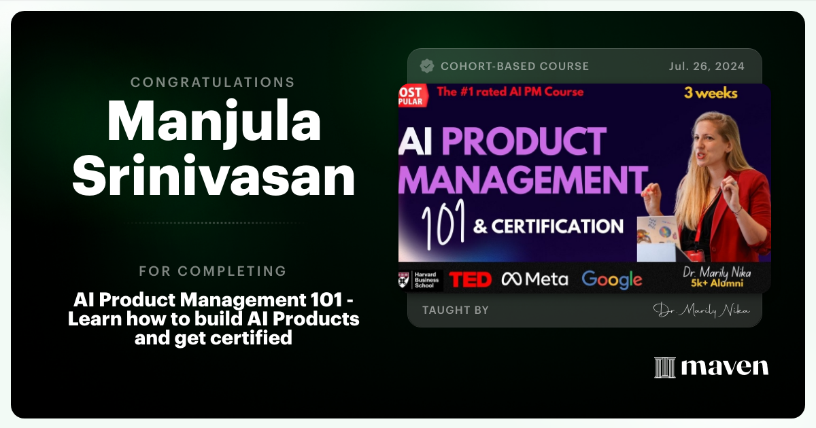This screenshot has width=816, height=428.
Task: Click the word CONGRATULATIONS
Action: (x=213, y=82)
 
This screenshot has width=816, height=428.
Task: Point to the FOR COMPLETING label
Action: (x=213, y=271)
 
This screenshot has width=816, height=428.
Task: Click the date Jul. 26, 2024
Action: (x=706, y=67)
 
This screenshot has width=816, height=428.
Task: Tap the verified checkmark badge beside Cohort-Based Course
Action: (x=427, y=66)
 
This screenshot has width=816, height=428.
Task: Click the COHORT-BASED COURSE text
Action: (x=515, y=67)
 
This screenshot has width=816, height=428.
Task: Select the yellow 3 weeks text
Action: (x=711, y=93)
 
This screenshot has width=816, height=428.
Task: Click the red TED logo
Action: (x=471, y=279)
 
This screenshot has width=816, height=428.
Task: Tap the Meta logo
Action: (x=534, y=279)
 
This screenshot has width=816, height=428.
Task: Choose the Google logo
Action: (x=611, y=279)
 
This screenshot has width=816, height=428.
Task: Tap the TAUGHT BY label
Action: (x=455, y=310)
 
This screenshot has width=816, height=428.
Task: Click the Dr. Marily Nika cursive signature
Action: (x=701, y=310)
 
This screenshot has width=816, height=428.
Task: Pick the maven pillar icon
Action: (x=664, y=367)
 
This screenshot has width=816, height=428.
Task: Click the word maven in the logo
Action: (x=725, y=367)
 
